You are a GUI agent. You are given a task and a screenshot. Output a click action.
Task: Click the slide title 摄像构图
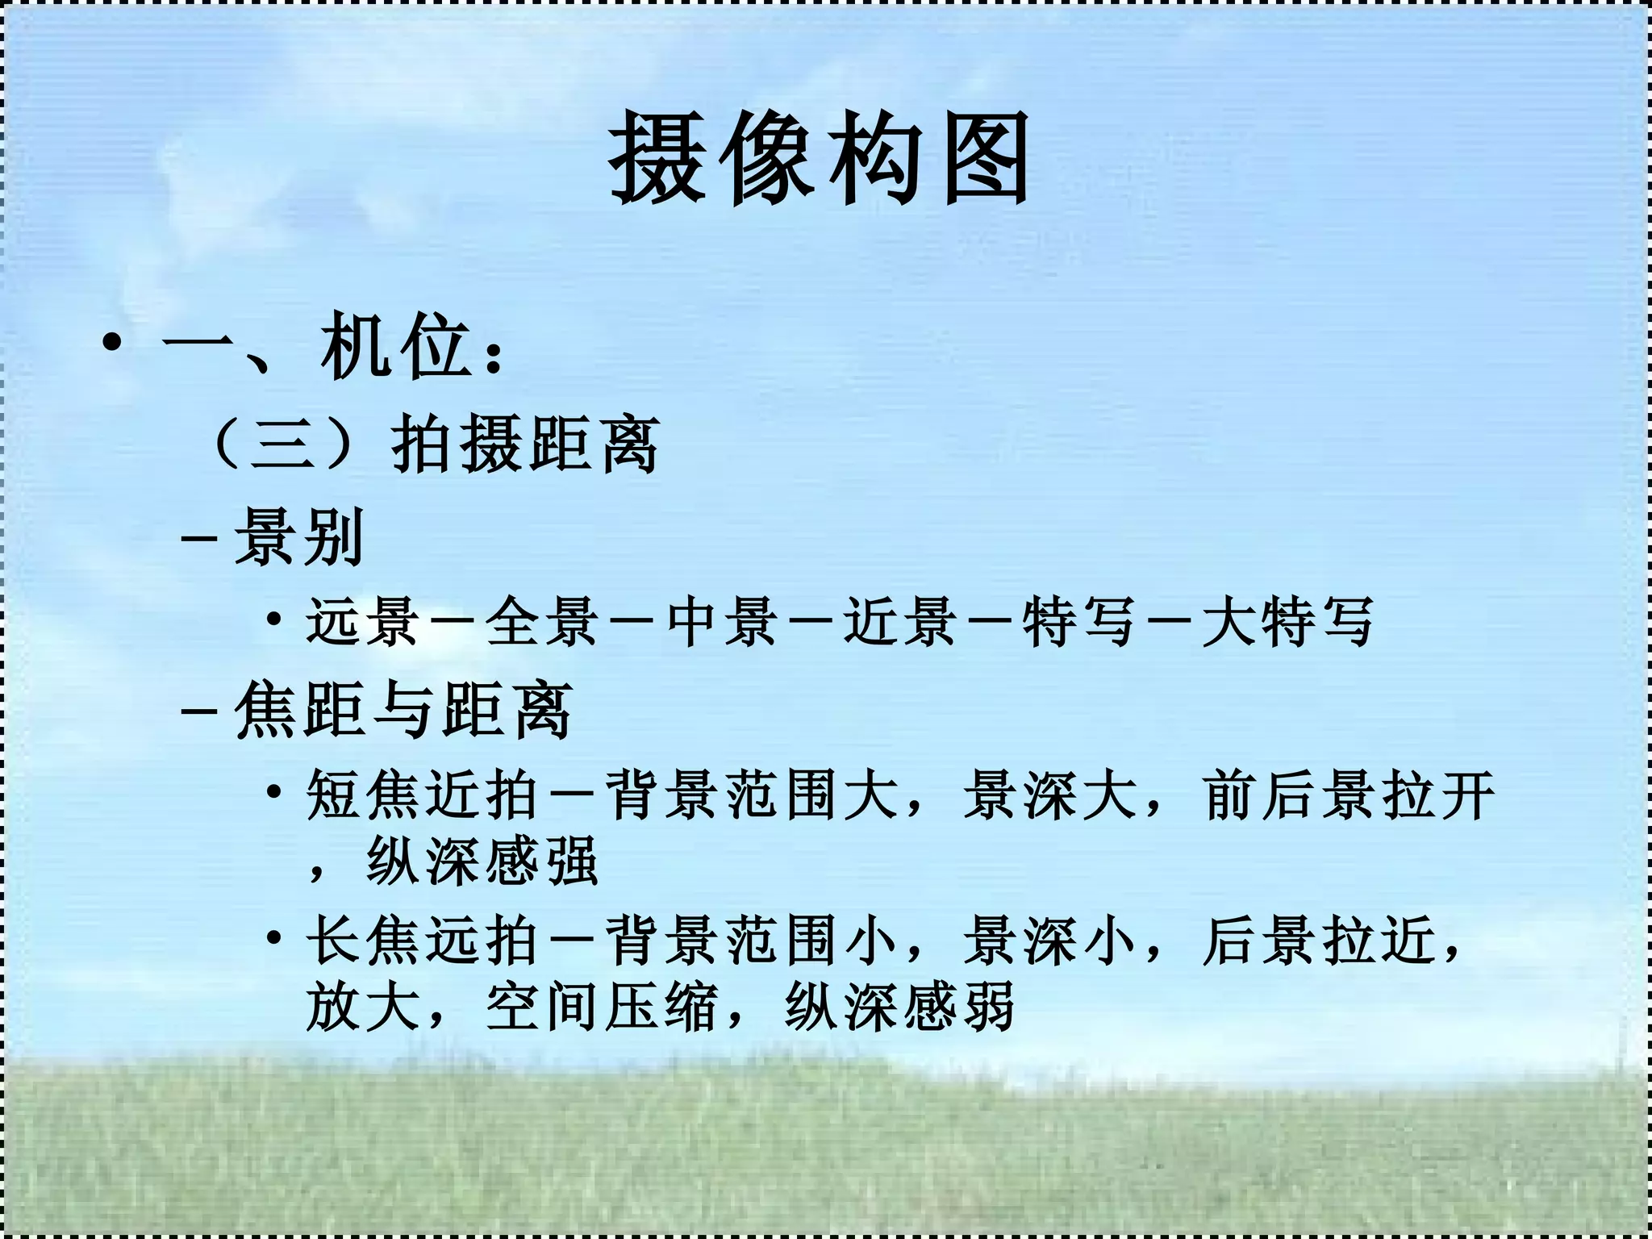coord(820,158)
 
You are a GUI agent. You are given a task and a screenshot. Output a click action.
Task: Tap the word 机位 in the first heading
coord(395,348)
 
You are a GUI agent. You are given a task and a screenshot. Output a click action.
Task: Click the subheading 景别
coord(299,536)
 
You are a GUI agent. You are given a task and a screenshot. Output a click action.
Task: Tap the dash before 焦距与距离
coord(199,711)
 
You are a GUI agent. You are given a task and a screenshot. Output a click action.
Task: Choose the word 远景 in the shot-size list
coord(361,622)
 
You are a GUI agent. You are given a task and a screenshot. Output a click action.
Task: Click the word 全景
coord(541,622)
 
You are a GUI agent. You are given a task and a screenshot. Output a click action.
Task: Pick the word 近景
coord(900,622)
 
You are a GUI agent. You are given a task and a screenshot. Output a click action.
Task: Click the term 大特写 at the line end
coord(1287,622)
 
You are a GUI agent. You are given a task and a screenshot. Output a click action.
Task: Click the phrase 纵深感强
coord(482,861)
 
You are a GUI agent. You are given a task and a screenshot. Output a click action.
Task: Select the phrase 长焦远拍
coord(422,941)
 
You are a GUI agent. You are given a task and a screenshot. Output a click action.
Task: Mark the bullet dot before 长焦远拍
coord(275,937)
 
